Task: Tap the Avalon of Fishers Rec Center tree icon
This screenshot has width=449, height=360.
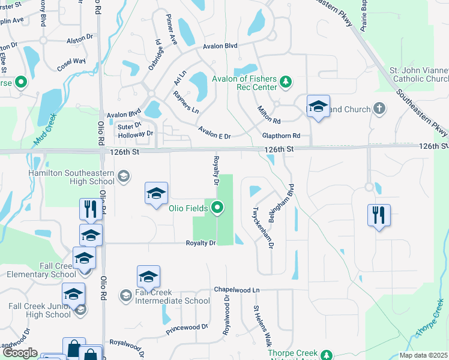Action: click(x=286, y=81)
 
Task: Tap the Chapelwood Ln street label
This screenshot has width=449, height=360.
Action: click(x=237, y=289)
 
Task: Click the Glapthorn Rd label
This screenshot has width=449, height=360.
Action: click(x=280, y=136)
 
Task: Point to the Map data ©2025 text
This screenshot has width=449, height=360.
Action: click(x=423, y=355)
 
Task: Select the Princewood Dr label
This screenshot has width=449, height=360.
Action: click(x=188, y=328)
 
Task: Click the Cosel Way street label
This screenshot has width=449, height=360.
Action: click(x=72, y=61)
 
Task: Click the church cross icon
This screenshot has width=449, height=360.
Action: click(x=379, y=109)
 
